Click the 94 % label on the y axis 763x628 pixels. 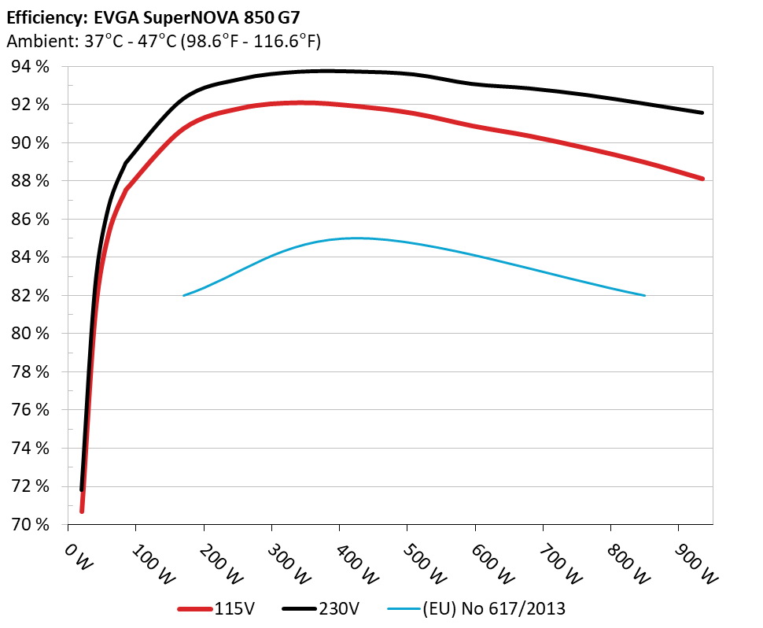pyautogui.click(x=30, y=67)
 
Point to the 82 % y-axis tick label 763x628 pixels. pyautogui.click(x=30, y=296)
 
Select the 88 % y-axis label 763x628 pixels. pyautogui.click(x=30, y=181)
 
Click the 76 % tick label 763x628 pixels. pyautogui.click(x=30, y=410)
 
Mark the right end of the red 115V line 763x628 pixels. pyautogui.click(x=702, y=179)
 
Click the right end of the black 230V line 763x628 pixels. pyautogui.click(x=702, y=113)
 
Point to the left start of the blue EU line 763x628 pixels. pyautogui.click(x=183, y=295)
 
